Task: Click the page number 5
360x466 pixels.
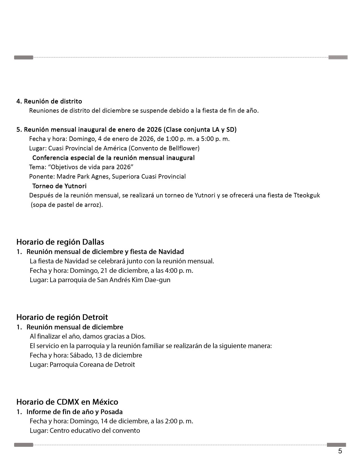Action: coord(340,451)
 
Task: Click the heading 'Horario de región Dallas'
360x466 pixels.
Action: coord(60,242)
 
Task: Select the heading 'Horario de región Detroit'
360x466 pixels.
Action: coord(62,317)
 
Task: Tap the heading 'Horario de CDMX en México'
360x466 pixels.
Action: coord(67,402)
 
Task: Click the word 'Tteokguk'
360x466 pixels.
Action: coord(307,195)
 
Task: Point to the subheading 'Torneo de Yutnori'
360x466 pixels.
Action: coord(59,186)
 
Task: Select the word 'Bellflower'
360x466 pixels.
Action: coord(184,148)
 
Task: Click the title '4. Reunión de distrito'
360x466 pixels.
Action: coord(49,101)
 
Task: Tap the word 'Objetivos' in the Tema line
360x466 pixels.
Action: coord(64,167)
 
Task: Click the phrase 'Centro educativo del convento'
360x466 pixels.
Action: coord(95,431)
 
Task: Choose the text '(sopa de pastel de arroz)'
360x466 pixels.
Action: coord(67,204)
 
